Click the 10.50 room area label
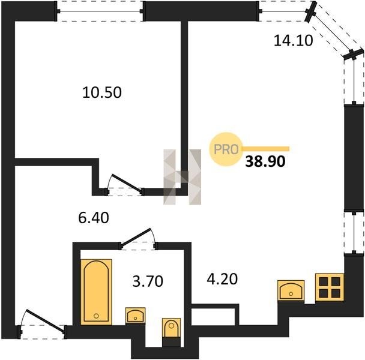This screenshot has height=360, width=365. coord(102,92)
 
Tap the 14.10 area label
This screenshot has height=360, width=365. coord(294,40)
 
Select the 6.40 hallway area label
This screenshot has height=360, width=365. coord(94,218)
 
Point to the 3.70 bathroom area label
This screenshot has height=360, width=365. coord(148,281)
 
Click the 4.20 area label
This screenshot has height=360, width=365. coord(222,279)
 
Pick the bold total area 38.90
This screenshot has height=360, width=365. coord(265,161)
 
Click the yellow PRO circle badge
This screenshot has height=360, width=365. coord(226,149)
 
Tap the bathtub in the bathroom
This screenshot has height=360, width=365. coord(96,292)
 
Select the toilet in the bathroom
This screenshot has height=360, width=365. coord(171,328)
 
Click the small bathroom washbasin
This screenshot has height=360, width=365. coord(135,316)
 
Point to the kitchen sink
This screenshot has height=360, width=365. coord(291,290)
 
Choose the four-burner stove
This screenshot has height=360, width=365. coord(330,288)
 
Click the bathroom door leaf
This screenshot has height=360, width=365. coord(136,238)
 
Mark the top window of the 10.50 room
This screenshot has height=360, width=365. coord(100,11)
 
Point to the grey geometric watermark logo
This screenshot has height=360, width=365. coord(182,177)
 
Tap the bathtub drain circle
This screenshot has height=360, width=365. coord(96,316)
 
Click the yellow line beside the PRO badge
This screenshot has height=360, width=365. coord(265,149)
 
